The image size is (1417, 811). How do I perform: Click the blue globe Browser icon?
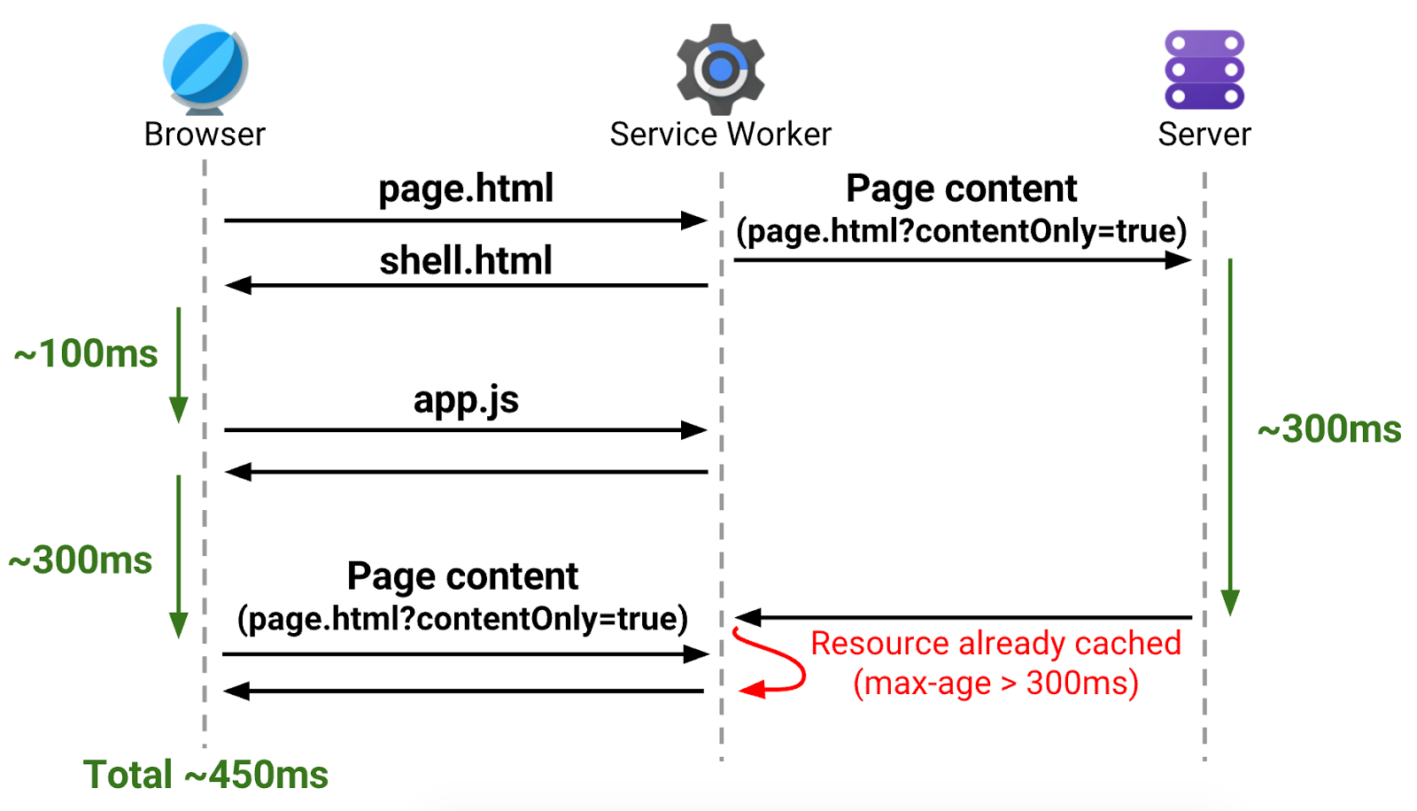click(205, 68)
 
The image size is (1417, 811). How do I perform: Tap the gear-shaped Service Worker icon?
click(720, 69)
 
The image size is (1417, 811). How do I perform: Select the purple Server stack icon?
click(1204, 69)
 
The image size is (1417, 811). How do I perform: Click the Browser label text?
click(205, 135)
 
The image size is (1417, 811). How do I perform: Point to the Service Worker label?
click(720, 135)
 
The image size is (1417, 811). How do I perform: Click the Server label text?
click(1204, 135)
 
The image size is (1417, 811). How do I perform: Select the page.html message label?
click(466, 189)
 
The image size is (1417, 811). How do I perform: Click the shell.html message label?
click(466, 261)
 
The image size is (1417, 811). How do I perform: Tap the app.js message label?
click(466, 399)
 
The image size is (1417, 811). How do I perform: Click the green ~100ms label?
click(86, 354)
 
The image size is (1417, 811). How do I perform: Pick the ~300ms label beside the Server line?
click(1329, 429)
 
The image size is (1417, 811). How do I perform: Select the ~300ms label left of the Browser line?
click(81, 560)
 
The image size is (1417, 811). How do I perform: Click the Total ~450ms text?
click(205, 775)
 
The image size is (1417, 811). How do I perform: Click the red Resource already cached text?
click(995, 643)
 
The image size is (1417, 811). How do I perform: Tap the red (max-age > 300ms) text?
click(995, 684)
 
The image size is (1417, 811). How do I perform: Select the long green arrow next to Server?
click(1230, 434)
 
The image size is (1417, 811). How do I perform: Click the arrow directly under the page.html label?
click(466, 220)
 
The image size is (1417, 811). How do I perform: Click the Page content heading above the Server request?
click(962, 189)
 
